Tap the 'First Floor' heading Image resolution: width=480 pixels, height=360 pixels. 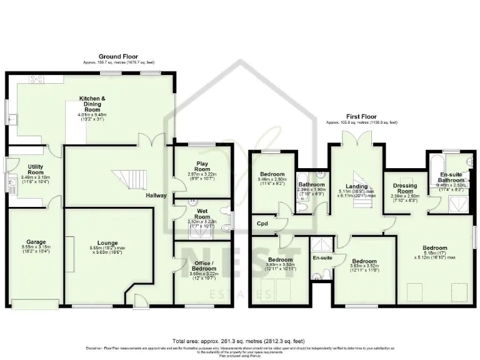pyautogui.click(x=361, y=116)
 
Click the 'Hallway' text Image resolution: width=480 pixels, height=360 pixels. pyautogui.click(x=156, y=196)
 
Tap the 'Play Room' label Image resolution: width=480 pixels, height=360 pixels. pyautogui.click(x=201, y=166)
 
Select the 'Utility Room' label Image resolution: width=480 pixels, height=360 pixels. pyautogui.click(x=29, y=169)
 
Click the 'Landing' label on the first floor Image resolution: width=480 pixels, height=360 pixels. pyautogui.click(x=357, y=186)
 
